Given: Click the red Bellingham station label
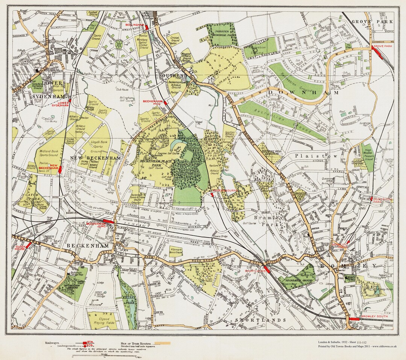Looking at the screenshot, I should point(135,25).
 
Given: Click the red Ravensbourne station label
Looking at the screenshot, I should point(226,191).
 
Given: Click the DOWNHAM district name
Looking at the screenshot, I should point(304,92).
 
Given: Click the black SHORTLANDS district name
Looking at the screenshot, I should point(261,320).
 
